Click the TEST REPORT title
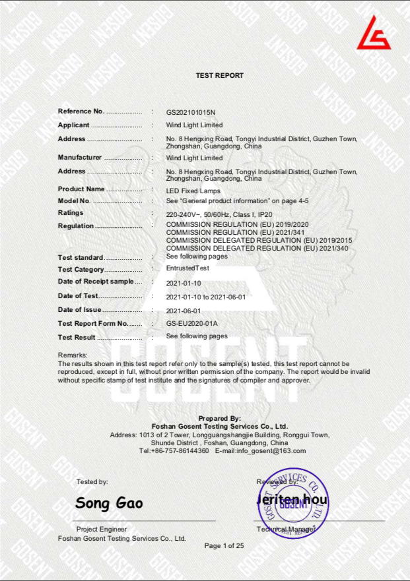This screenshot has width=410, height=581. [x=220, y=76]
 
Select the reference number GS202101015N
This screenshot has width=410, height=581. [x=191, y=111]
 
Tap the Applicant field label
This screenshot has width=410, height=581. [x=74, y=125]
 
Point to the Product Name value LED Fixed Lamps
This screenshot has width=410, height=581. [x=193, y=191]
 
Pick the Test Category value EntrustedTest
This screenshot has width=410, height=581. [x=188, y=269]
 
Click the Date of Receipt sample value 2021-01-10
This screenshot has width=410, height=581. [x=182, y=282]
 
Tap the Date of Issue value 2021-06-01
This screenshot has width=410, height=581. [x=183, y=310]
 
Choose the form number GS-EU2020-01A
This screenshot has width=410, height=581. [x=192, y=324]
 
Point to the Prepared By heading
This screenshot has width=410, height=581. [x=220, y=419]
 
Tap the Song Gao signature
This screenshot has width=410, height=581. [x=109, y=504]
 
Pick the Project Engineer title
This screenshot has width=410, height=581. [x=102, y=530]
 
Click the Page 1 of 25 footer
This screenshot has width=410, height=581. [x=224, y=546]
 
